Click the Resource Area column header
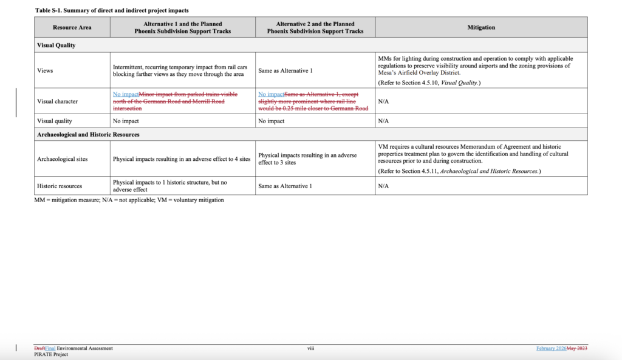click(x=72, y=27)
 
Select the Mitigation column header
click(x=481, y=27)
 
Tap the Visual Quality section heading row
click(x=56, y=45)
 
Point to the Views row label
click(x=45, y=70)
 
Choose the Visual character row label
click(x=57, y=101)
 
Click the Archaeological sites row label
click(x=62, y=159)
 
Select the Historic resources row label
click(x=60, y=186)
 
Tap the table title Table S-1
click(x=112, y=10)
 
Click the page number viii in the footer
click(x=310, y=348)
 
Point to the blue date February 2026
click(x=551, y=348)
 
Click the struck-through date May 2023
click(x=577, y=348)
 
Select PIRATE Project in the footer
click(x=51, y=355)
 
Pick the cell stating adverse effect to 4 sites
click(x=182, y=159)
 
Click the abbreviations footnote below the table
click(x=129, y=200)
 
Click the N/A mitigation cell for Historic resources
click(x=383, y=186)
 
